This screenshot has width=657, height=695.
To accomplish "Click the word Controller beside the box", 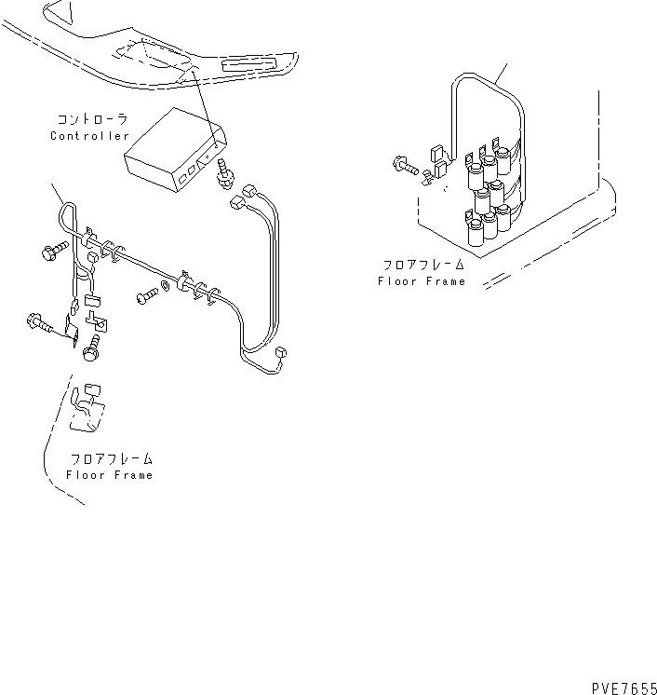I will [x=89, y=136].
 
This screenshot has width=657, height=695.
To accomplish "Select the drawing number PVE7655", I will [x=623, y=687].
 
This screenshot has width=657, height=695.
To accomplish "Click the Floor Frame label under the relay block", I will [x=421, y=280].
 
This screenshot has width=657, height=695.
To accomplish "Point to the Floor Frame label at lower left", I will [x=109, y=475].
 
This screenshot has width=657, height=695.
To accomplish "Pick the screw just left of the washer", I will [x=146, y=296].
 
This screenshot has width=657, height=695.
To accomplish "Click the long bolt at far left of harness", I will [x=40, y=324].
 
